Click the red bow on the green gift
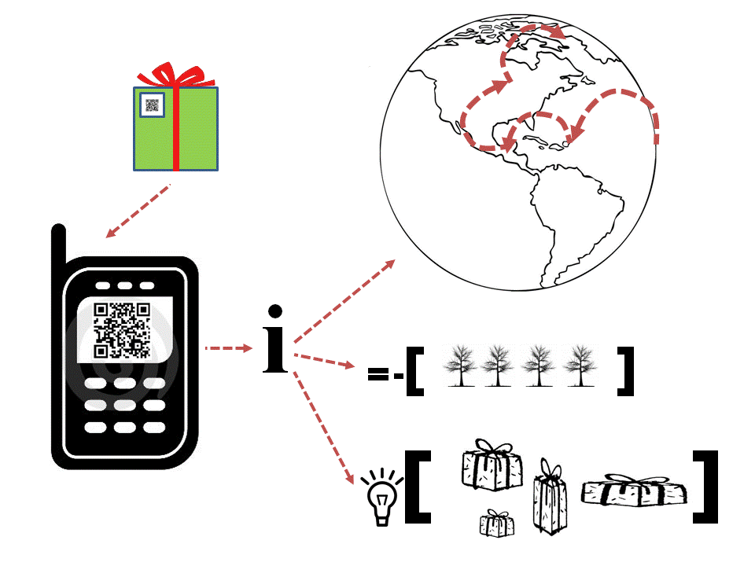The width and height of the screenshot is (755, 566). coord(175,75)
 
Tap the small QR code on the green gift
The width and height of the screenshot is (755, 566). coord(152,105)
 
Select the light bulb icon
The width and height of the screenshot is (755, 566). coord(381,495)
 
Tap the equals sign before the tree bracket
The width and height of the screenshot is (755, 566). coord(378,376)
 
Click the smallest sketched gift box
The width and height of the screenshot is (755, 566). coord(497,523)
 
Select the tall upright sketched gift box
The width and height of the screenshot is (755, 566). coord(550,498)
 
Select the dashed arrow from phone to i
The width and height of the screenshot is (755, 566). coord(227,347)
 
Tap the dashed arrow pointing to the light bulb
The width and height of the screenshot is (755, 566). coord(322,425)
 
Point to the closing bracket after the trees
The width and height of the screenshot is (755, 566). coord(626,369)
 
